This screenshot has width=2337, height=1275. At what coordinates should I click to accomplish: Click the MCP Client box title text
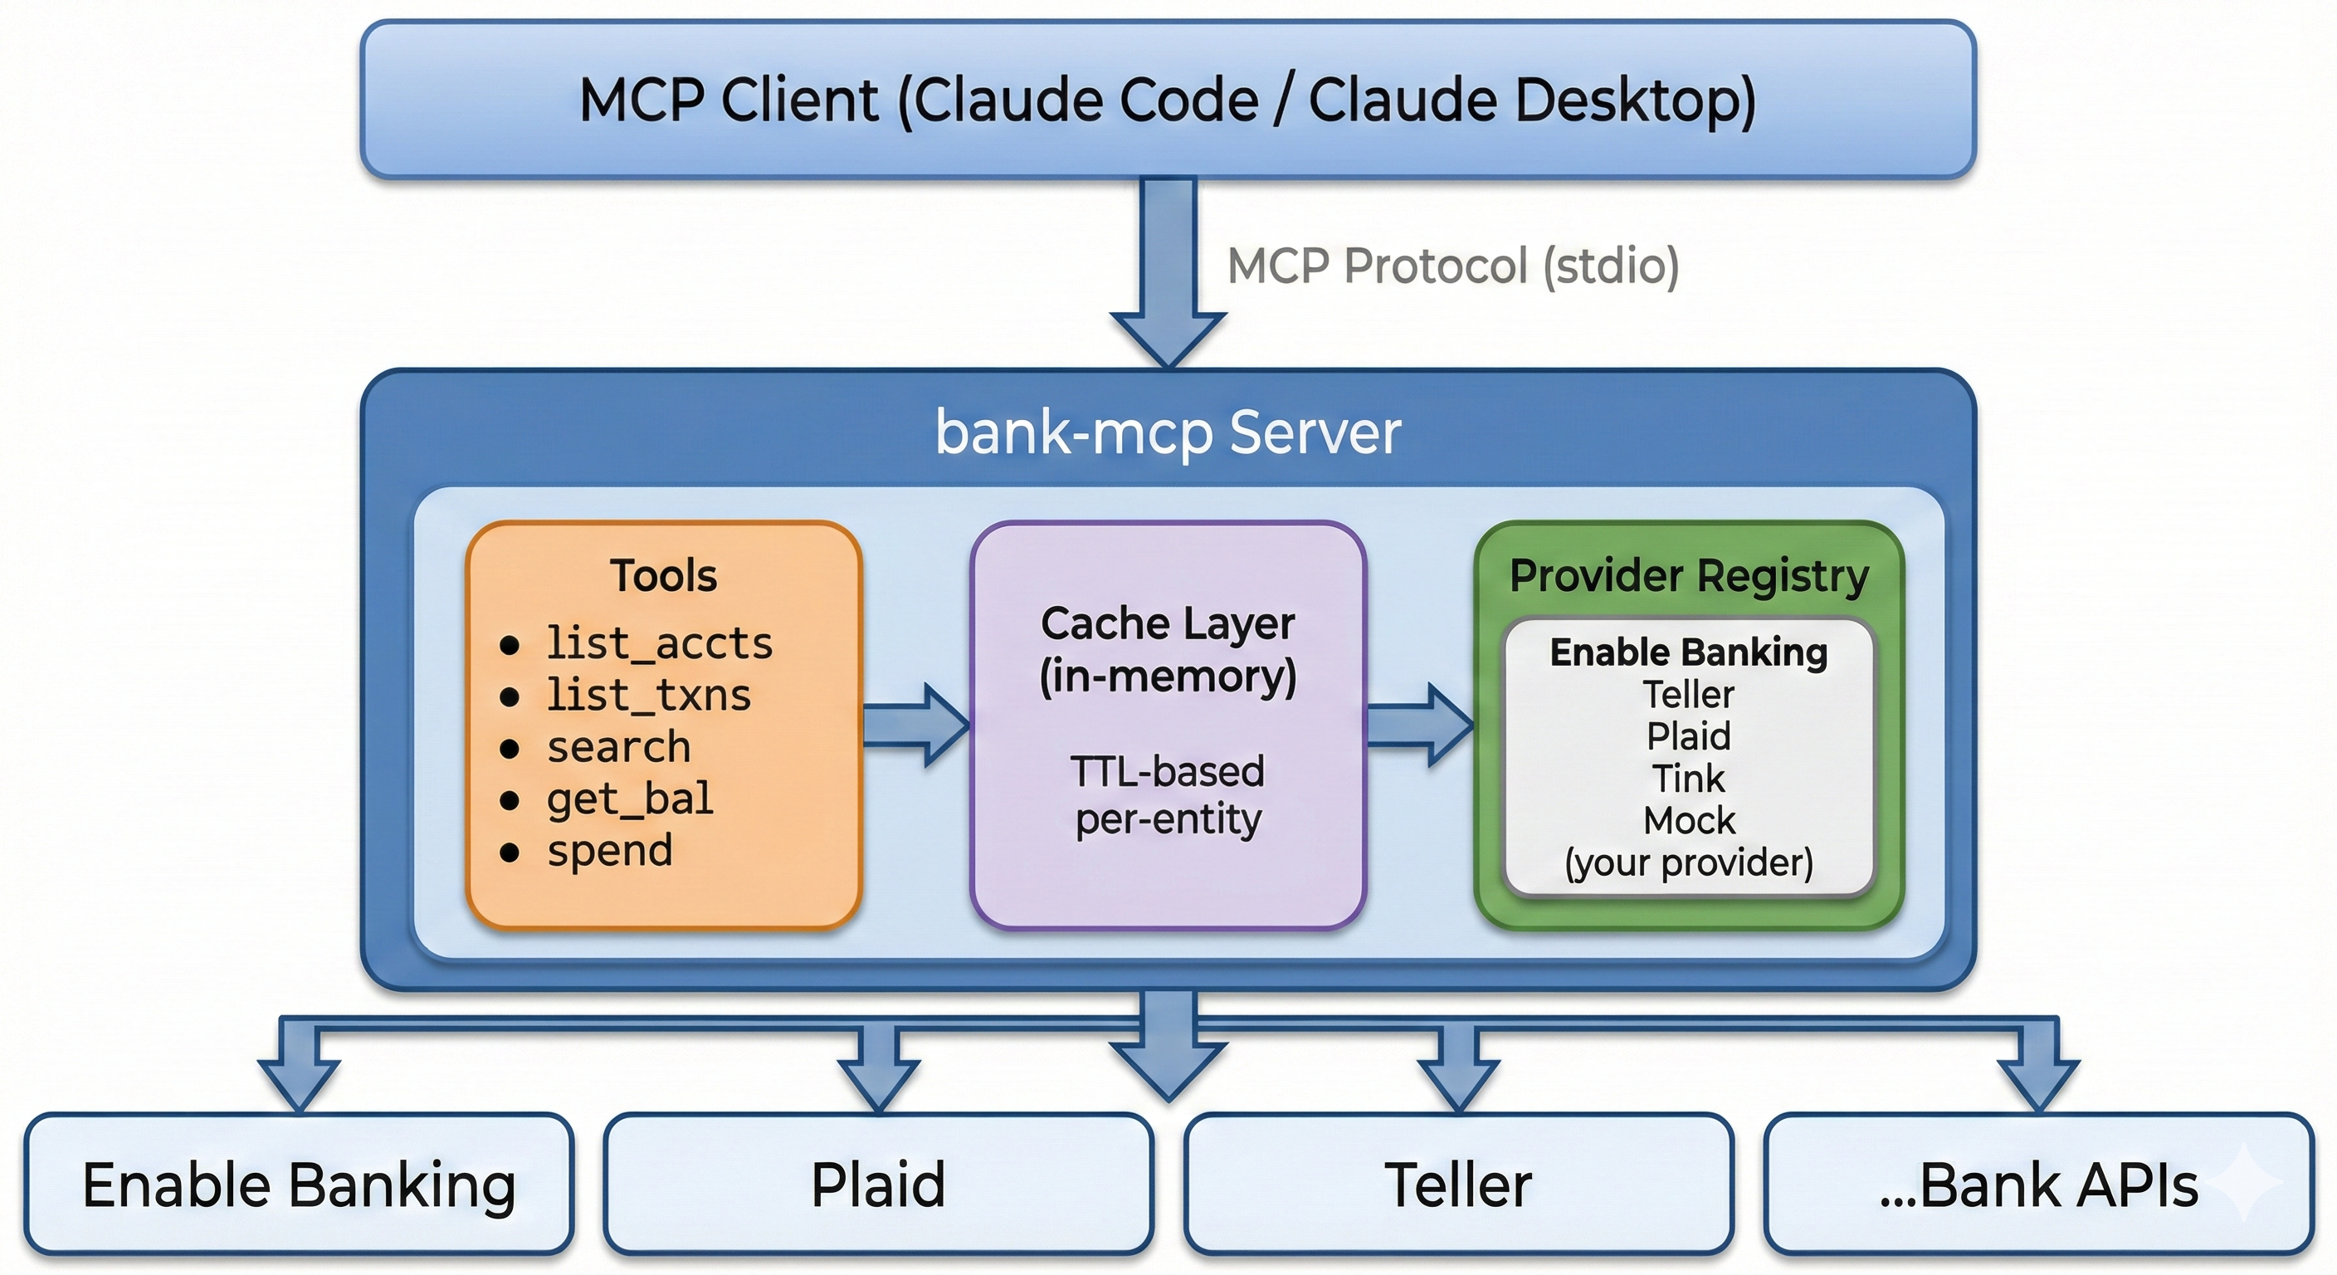1168,100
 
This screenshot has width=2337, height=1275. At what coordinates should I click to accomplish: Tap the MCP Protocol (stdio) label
1452,266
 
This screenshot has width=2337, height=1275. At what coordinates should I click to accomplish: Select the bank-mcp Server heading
1168,432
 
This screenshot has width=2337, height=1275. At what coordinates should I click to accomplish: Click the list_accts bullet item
659,643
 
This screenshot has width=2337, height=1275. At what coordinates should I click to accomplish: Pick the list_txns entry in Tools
648,695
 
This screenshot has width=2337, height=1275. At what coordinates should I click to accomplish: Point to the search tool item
619,747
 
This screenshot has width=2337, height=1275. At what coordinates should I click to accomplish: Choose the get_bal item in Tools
630,799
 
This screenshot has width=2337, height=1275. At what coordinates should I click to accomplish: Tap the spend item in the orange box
610,850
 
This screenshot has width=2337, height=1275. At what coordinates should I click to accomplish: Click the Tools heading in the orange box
663,575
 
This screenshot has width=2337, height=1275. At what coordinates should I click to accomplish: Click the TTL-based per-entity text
1168,795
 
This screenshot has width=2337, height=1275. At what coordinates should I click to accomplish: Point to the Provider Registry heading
1688,575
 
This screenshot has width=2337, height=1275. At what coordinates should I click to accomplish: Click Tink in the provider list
1687,779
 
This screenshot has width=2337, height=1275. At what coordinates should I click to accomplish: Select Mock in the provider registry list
1688,820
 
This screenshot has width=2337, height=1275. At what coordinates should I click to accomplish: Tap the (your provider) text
1688,862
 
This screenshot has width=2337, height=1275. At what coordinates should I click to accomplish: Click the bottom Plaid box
877,1185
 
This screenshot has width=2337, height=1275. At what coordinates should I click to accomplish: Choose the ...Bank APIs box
2038,1185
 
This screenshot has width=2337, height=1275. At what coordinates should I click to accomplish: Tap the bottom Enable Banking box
299,1185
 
